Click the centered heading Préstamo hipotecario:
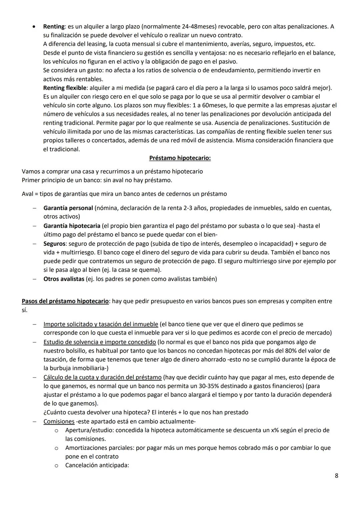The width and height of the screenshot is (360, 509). (x=180, y=158)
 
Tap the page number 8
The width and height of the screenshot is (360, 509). (x=336, y=476)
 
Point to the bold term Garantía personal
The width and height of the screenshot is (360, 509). (x=68, y=208)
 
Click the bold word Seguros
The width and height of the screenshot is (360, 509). (x=54, y=244)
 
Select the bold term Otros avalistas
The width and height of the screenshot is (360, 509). (x=64, y=279)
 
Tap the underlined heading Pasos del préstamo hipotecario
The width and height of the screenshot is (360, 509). (x=65, y=301)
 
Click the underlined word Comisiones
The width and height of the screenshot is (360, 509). (x=59, y=421)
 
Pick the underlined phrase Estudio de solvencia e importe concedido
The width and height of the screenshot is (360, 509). (x=99, y=342)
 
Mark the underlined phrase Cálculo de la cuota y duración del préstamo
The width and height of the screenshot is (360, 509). (x=102, y=377)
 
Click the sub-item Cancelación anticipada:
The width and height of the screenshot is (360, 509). (x=97, y=465)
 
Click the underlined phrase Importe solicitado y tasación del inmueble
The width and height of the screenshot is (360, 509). (x=101, y=324)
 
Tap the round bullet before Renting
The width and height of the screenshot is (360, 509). (x=34, y=26)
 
